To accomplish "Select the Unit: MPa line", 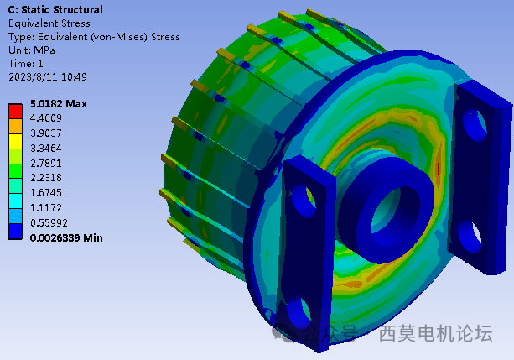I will tap(33, 50).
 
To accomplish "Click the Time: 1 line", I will tap(25, 64).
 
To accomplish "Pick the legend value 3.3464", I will tap(47, 148).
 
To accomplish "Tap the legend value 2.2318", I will tap(47, 178).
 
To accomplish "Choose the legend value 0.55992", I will tap(49, 223).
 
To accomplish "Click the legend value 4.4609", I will tap(47, 118).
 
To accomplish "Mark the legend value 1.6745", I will tap(47, 193).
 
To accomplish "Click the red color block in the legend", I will tap(16, 109).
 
